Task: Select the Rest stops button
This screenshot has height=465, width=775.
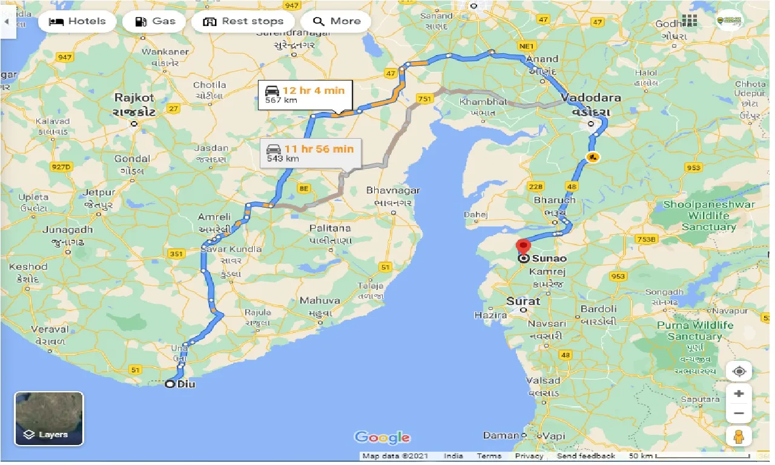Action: pos(243,22)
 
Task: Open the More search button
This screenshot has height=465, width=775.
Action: pos(336,22)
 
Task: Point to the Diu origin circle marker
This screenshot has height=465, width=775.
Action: pos(170,384)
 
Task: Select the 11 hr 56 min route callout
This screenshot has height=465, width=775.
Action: pos(309,153)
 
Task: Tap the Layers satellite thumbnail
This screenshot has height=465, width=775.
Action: pos(49,418)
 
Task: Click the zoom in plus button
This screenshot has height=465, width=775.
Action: pos(739,394)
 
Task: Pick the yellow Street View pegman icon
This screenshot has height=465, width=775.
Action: pos(739,435)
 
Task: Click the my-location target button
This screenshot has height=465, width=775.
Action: pos(739,371)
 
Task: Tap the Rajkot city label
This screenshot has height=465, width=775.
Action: pos(134,98)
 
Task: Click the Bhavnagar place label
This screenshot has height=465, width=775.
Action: pos(392,191)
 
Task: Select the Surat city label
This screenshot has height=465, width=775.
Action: pos(523,301)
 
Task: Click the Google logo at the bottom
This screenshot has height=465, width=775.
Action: pos(382,437)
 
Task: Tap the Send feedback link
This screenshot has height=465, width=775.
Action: pos(585,456)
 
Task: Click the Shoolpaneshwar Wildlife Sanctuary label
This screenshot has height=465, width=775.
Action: pos(708,216)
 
